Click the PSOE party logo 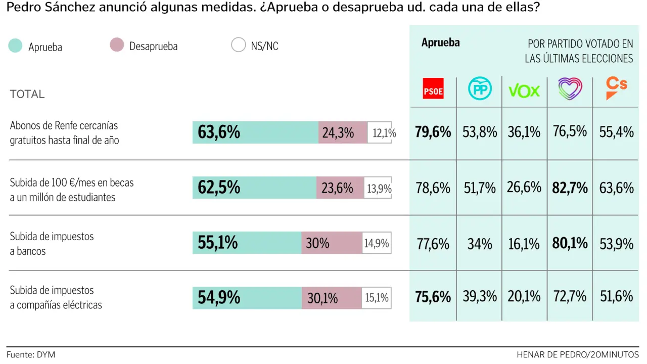[x=433, y=88]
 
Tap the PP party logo [x=480, y=88]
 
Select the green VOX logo [x=524, y=90]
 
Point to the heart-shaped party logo [x=570, y=88]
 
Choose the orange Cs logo [x=616, y=88]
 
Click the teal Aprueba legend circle [x=16, y=46]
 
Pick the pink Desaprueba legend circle [x=117, y=45]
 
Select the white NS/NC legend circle [x=238, y=45]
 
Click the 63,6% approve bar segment [x=255, y=132]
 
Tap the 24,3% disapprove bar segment [x=343, y=132]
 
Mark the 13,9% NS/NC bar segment [x=378, y=188]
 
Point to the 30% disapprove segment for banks [x=332, y=243]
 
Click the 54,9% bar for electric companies [x=247, y=298]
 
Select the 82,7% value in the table [x=570, y=188]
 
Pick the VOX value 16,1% [x=524, y=244]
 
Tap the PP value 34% [x=480, y=244]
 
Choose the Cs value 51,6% [x=616, y=296]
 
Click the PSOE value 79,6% [x=433, y=132]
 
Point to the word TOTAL [x=27, y=94]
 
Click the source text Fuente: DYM [x=31, y=355]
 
